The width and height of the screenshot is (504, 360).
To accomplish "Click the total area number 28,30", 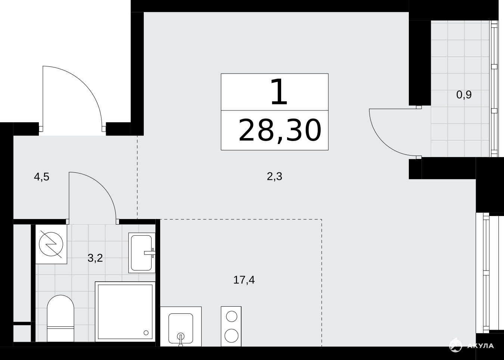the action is click(280, 131).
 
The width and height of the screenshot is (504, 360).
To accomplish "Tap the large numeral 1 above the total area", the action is click(279, 92).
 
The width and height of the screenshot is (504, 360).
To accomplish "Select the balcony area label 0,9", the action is click(464, 95).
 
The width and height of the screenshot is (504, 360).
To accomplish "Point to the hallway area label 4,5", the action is click(41, 177).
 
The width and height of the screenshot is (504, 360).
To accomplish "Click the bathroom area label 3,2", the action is click(95, 258).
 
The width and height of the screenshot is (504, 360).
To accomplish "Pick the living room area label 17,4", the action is click(244, 280).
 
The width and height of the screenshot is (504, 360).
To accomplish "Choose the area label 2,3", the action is click(274, 176).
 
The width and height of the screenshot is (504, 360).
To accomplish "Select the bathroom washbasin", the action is click(142, 253).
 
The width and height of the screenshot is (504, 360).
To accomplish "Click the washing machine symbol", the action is click(51, 244).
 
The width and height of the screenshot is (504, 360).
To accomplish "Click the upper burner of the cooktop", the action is click(231, 317).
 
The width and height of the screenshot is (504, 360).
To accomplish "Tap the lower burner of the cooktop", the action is click(231, 336).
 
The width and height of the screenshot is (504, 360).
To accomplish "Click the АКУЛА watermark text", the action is click(480, 345).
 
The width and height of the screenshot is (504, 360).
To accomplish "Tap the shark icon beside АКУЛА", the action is click(455, 345).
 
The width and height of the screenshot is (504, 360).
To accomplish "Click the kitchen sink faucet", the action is click(180, 340).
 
